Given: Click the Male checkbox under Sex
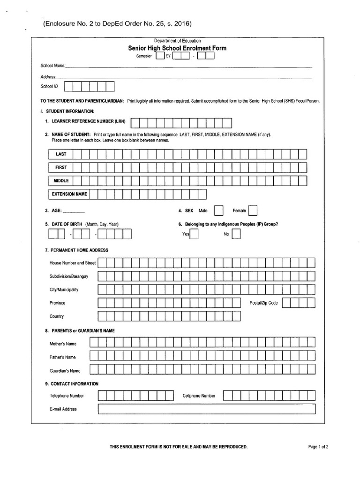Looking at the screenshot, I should coord(218,210).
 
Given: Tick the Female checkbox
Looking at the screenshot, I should coord(252,210).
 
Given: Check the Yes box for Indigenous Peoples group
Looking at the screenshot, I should coord(194,234).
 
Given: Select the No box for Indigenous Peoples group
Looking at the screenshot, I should coord(236,234).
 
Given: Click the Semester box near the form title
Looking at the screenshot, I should coord(160,56).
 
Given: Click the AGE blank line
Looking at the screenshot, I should coord(74,211).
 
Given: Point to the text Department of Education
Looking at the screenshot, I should coord(180,41).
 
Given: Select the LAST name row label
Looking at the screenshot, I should coord(61,154).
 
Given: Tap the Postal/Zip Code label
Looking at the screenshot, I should coord(263,303).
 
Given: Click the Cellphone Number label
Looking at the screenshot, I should coord(199,396).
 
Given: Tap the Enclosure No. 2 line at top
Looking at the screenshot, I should coord(118,22).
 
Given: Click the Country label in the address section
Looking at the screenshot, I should coord(57,316).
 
